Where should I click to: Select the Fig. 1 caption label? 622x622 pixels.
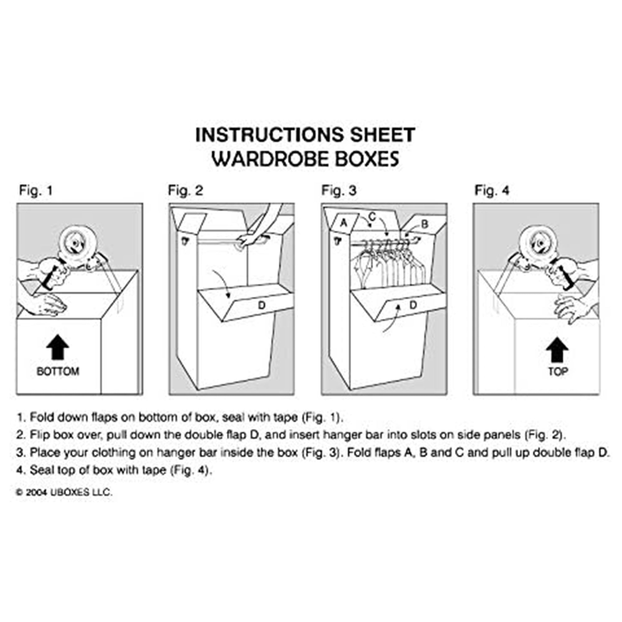point(36,191)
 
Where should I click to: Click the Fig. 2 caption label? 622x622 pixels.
point(185,191)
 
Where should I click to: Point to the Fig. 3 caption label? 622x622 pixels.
point(339,191)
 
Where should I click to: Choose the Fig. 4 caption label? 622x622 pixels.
point(492,191)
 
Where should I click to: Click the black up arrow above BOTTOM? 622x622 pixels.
point(58,347)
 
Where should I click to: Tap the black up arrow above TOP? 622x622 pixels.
point(557,350)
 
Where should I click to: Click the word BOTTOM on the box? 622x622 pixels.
point(58,372)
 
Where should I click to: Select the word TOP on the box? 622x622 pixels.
point(558,372)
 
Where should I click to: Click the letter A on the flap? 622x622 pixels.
point(344,223)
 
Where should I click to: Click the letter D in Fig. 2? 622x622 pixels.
point(262,305)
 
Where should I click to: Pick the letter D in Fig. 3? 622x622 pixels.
point(413,304)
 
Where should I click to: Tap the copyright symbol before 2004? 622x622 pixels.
point(20,493)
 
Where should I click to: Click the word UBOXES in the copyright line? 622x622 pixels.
point(70,493)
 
